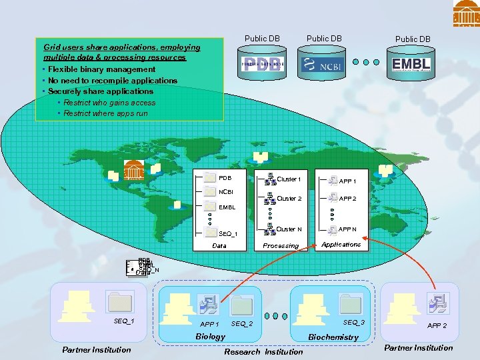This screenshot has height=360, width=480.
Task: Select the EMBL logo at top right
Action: click(411, 64)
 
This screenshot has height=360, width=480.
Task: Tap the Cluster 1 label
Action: click(289, 179)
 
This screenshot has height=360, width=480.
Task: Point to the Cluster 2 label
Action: click(289, 199)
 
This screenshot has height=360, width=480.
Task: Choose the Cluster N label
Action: click(289, 229)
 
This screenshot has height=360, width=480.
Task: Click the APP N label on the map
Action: click(348, 229)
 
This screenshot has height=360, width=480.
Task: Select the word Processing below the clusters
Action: click(281, 246)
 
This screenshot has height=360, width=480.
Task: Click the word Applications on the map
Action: click(341, 245)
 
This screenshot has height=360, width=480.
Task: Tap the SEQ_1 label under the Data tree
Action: click(228, 234)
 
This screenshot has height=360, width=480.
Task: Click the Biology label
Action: click(210, 337)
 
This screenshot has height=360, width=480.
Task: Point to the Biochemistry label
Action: click(333, 337)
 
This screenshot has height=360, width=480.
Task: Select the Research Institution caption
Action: click(263, 351)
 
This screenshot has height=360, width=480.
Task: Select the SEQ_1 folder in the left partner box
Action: click(121, 303)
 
